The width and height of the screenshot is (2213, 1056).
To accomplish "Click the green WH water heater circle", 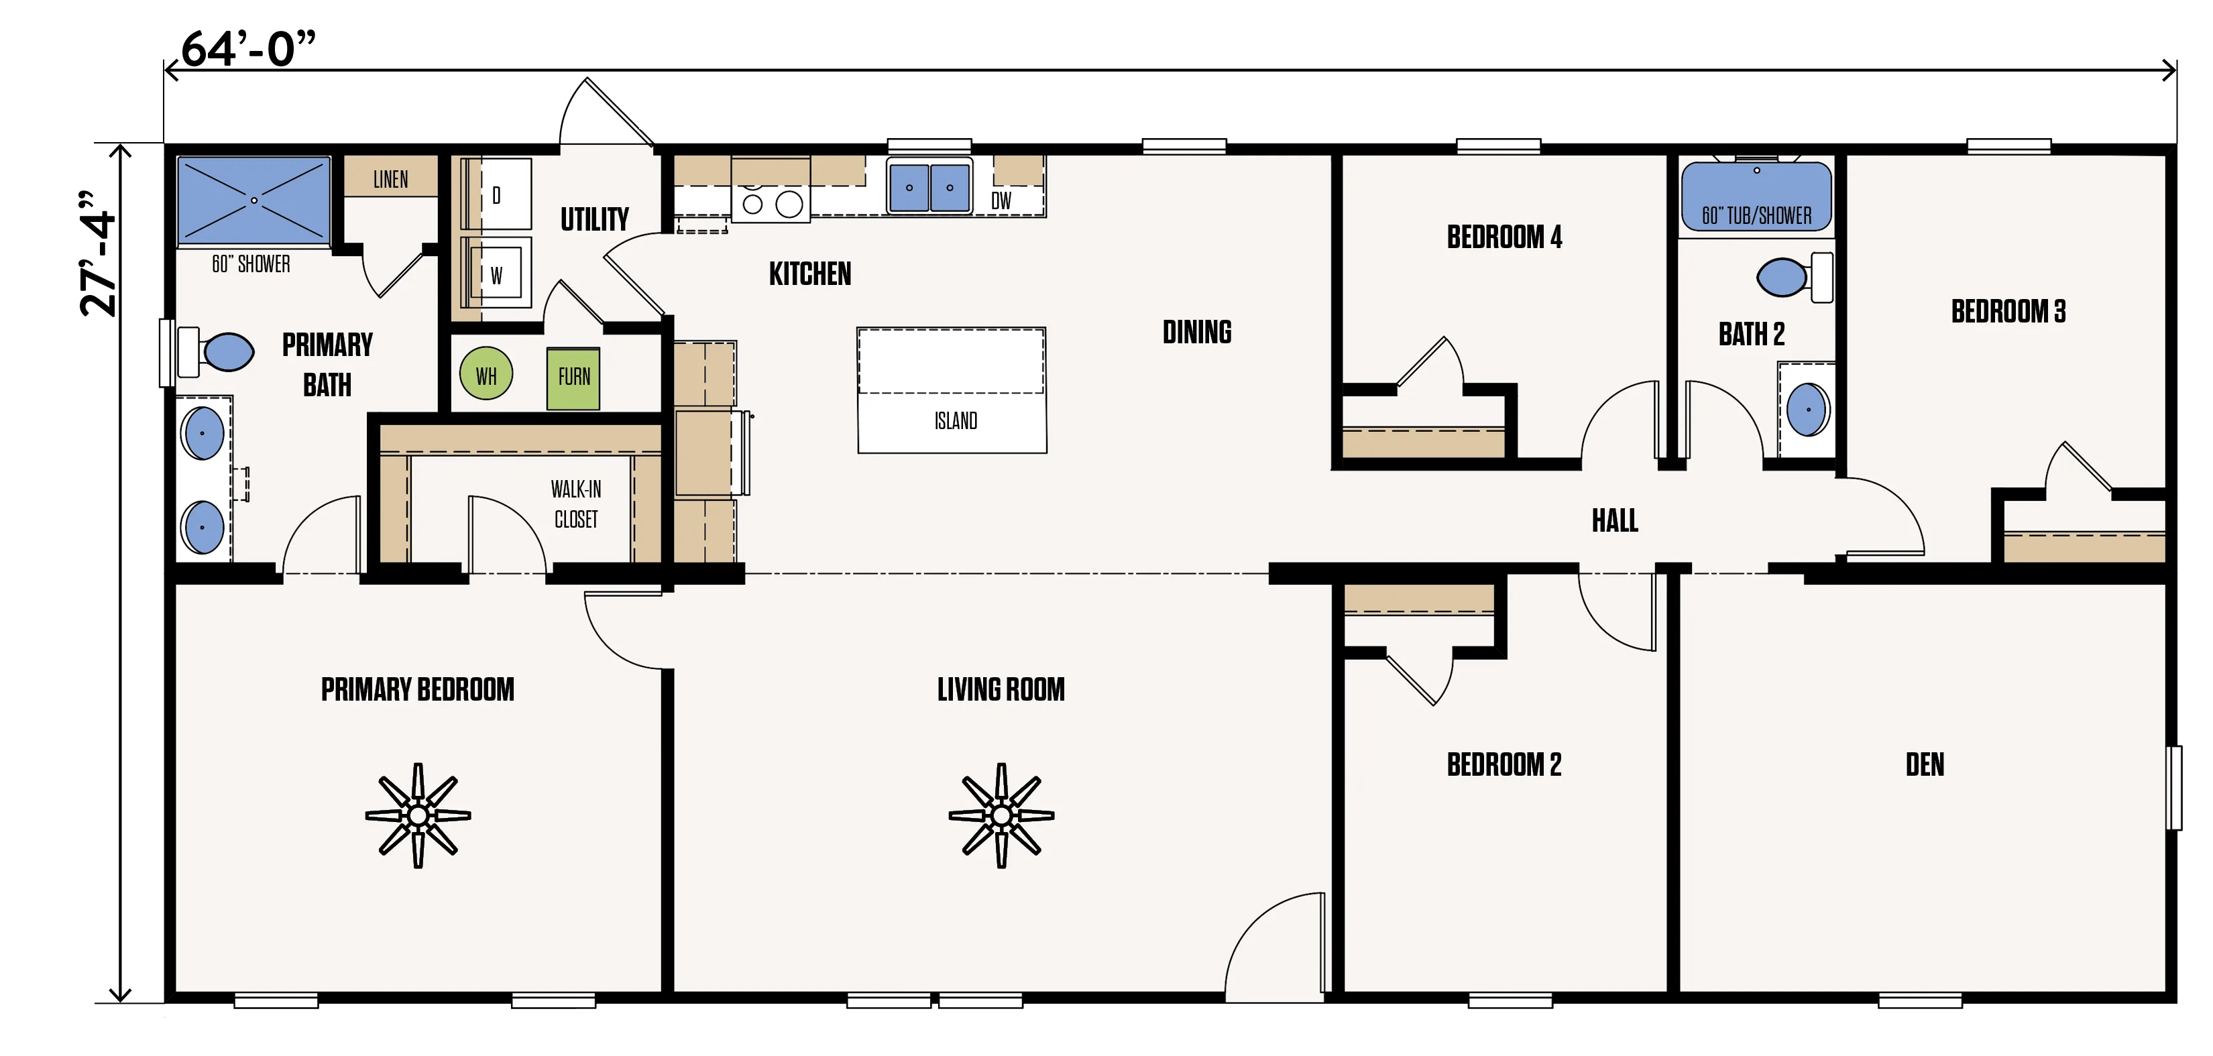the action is (486, 375).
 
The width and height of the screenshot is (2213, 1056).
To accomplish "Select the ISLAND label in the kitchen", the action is (956, 421).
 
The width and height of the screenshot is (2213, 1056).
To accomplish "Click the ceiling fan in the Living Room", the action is (1001, 815).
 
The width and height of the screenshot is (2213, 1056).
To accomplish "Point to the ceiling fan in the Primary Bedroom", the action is (418, 815).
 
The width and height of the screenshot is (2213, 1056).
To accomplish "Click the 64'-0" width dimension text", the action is (248, 48).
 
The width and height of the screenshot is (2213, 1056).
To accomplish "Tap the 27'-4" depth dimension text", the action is (98, 253).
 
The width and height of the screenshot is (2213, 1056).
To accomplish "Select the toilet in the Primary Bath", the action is (216, 351).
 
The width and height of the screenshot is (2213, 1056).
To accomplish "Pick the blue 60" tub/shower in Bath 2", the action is (1756, 196).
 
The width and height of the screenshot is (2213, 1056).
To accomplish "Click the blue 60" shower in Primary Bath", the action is (253, 200).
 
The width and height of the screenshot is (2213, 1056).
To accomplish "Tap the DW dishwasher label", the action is (1001, 201).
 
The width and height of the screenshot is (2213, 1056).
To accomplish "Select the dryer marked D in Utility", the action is (496, 194).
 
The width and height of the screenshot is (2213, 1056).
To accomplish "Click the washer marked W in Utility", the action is (496, 274).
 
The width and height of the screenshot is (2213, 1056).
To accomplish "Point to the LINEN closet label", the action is (391, 180).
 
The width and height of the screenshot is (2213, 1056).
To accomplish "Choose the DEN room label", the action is (1925, 765).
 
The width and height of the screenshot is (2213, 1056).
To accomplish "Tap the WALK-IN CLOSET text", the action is (575, 504).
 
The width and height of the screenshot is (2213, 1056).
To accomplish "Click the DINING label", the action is (1197, 332).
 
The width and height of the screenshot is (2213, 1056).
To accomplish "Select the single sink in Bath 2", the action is (1807, 409).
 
